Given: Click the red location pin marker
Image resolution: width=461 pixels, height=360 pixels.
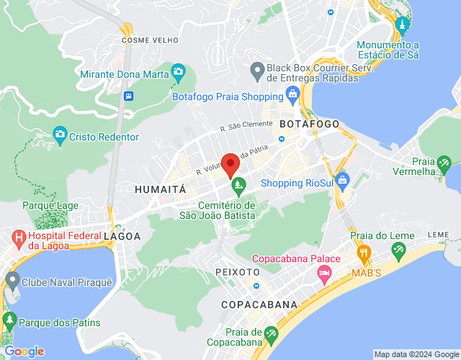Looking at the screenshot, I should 230,165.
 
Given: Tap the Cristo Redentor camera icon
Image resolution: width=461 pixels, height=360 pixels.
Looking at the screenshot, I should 61,135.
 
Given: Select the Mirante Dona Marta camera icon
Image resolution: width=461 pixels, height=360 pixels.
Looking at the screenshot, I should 178,72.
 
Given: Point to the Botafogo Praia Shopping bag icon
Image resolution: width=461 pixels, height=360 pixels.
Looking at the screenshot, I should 292,94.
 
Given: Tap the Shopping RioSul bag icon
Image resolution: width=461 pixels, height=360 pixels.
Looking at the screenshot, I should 341,178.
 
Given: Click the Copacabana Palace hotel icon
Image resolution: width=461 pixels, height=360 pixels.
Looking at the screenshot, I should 324,273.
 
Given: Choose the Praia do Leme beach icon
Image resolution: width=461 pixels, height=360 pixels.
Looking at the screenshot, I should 398,251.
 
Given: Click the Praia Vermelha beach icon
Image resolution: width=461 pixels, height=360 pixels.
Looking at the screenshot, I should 444,166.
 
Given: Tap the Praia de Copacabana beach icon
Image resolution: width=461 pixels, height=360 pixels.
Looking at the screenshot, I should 271,333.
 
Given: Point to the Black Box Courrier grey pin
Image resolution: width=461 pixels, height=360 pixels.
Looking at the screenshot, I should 256,71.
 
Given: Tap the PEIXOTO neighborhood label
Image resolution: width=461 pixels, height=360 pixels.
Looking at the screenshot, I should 237,272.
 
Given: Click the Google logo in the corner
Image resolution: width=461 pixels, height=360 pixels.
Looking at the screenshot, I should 24,351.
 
